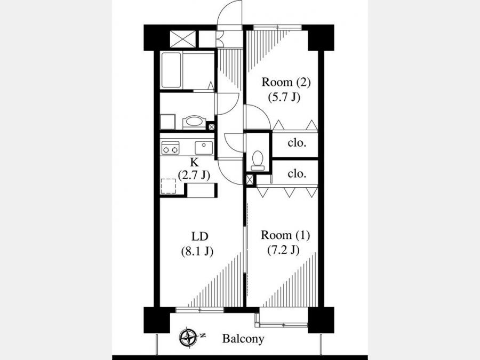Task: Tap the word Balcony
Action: coord(243,339)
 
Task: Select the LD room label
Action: coord(199,236)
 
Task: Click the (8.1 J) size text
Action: coord(197,251)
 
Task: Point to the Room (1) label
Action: coord(285,235)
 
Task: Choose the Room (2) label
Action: coord(286,82)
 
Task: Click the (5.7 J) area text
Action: coord(284,98)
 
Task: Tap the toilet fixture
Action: coord(258,161)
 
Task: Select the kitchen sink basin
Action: coord(204,148)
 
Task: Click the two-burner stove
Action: coord(171,148)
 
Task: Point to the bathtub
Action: coord(171,71)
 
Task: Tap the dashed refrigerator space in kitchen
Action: coord(169,187)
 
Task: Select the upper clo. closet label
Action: coord(297,142)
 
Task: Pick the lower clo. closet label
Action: coord(297,173)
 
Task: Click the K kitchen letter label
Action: coord(194,162)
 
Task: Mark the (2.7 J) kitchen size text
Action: coord(194,175)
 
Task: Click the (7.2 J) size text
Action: coord(283,251)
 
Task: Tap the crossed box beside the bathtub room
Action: coord(182,39)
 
